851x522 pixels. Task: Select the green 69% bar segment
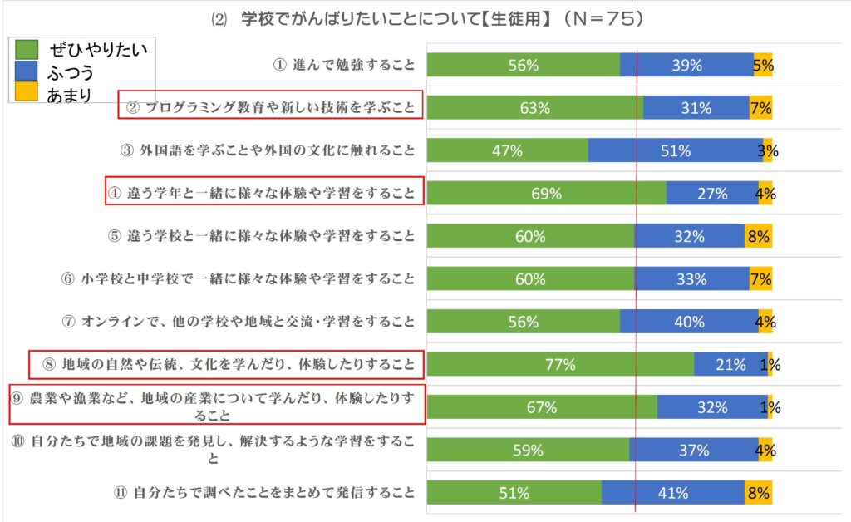pyautogui.click(x=547, y=193)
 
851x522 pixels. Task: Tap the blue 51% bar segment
pyautogui.click(x=675, y=150)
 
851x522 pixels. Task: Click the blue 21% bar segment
pyautogui.click(x=730, y=364)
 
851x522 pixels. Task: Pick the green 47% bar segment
pyautogui.click(x=507, y=150)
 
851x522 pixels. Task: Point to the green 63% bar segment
pyautogui.click(x=535, y=107)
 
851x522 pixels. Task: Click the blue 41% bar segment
pyautogui.click(x=672, y=492)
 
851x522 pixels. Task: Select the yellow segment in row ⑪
pyautogui.click(x=758, y=492)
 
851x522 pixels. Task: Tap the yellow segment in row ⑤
pyautogui.click(x=758, y=236)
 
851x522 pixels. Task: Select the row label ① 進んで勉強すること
pyautogui.click(x=344, y=65)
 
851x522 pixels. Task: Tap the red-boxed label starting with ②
pyautogui.click(x=270, y=106)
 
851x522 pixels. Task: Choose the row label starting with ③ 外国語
pyautogui.click(x=268, y=150)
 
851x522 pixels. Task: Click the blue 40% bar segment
pyautogui.click(x=689, y=322)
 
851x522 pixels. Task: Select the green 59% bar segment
pyautogui.click(x=528, y=450)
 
